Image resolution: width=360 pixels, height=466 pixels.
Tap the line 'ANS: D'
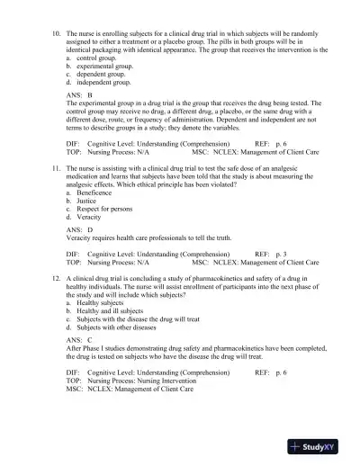pos(80,229)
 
